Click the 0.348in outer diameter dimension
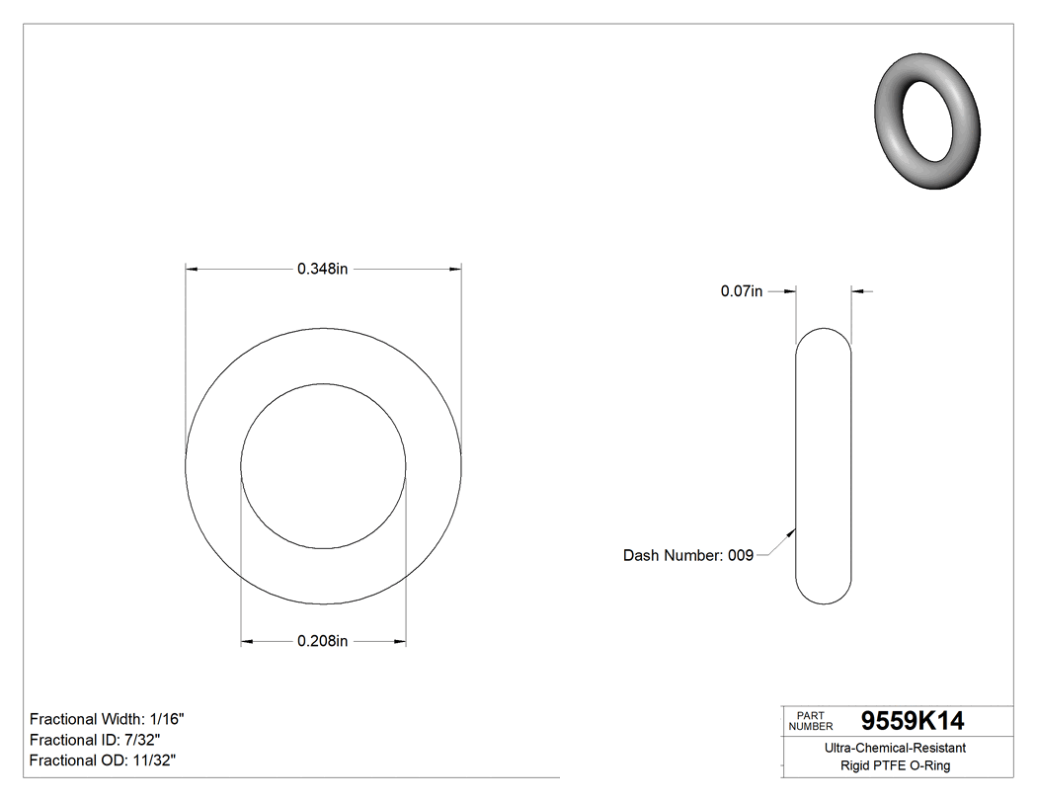[323, 269]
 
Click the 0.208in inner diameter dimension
[323, 642]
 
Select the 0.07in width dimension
[742, 291]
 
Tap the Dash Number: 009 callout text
[688, 555]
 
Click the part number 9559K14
[913, 721]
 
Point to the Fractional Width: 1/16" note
[107, 719]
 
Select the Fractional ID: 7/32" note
[95, 740]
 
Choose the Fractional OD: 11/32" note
[103, 760]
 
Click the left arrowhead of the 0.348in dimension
[193, 269]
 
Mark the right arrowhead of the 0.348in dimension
[455, 269]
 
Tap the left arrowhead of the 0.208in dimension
[248, 642]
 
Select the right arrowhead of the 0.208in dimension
[399, 642]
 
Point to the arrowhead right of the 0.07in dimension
[857, 291]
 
